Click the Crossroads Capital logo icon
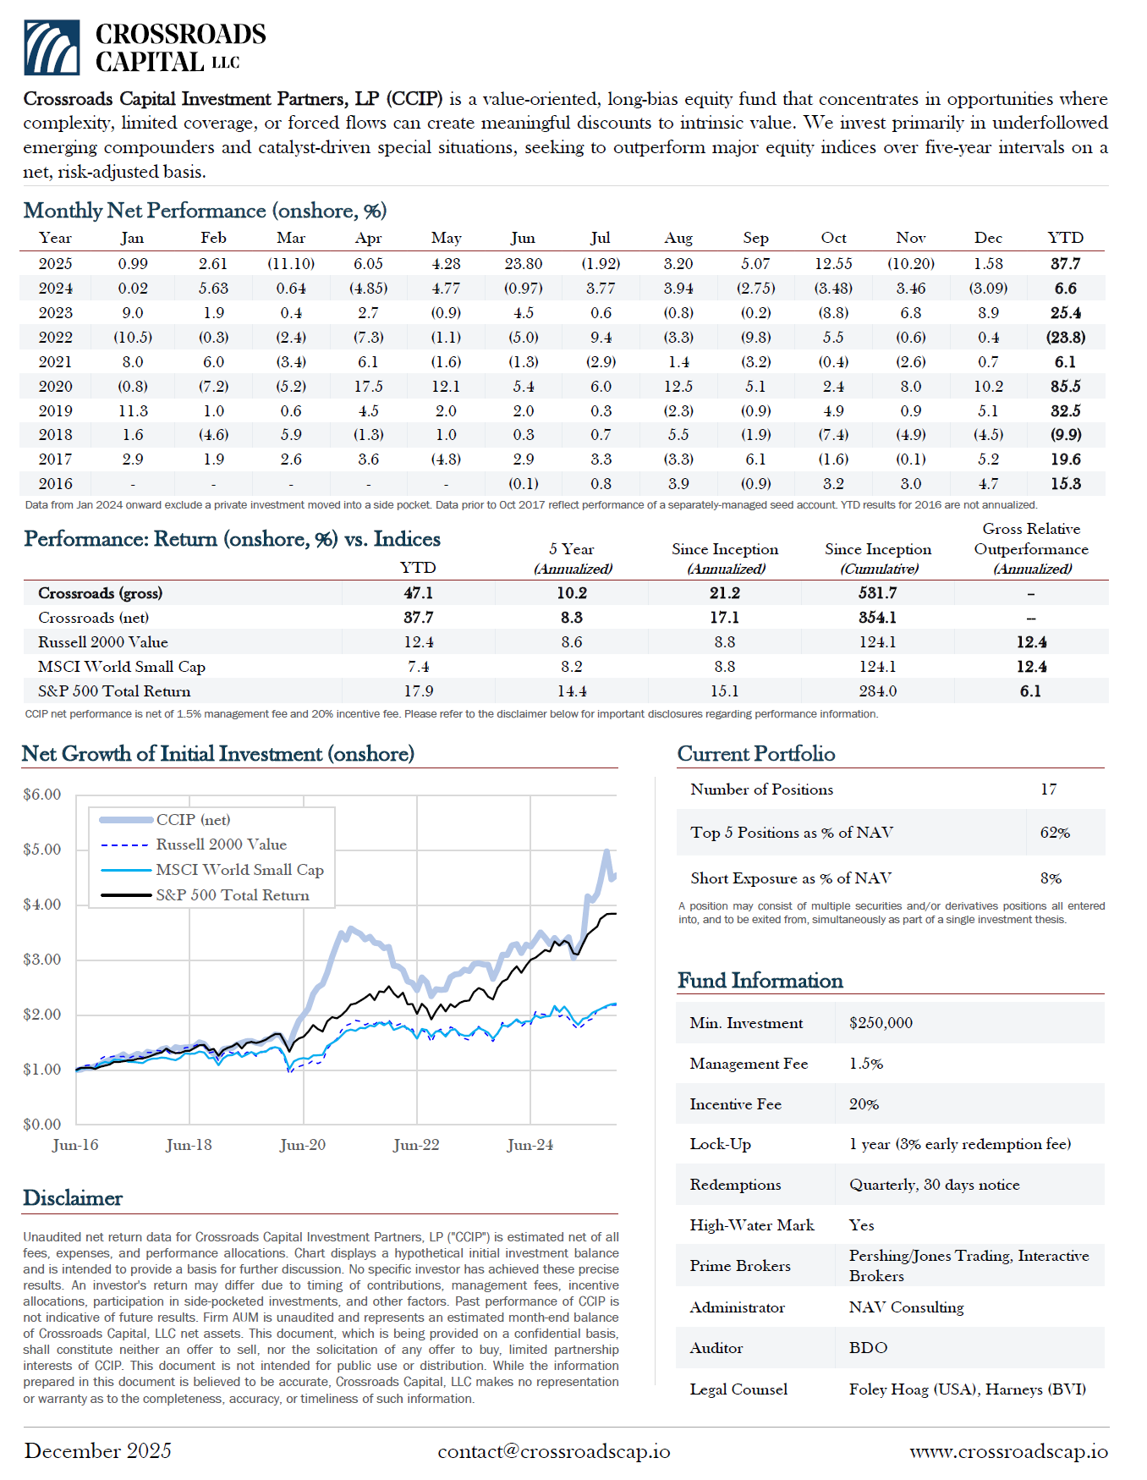click(52, 47)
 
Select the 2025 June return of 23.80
click(523, 264)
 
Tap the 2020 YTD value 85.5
click(1065, 387)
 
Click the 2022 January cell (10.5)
click(133, 338)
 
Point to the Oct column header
click(833, 239)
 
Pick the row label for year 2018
click(56, 435)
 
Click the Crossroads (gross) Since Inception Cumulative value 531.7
click(877, 593)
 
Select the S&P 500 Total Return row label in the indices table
click(114, 691)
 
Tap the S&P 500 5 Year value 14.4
click(572, 691)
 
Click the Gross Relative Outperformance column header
click(1031, 548)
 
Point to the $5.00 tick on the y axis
click(42, 850)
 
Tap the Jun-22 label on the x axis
click(416, 1145)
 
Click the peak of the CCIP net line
click(606, 851)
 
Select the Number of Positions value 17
click(1048, 790)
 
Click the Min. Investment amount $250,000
click(881, 1023)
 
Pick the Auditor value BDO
click(868, 1348)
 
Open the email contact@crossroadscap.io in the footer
click(553, 1451)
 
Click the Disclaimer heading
click(73, 1198)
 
